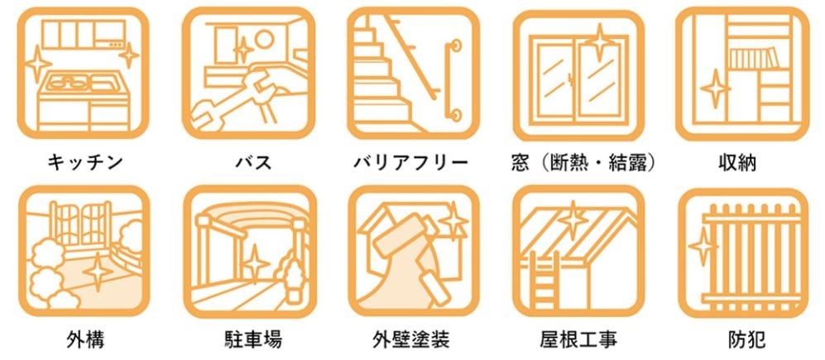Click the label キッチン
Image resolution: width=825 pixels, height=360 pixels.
(85, 162)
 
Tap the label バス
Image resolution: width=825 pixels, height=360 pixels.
(253, 162)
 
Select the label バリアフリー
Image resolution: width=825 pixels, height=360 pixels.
(411, 162)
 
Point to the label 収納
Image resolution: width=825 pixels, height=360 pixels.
(737, 162)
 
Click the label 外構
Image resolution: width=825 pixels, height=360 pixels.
(85, 339)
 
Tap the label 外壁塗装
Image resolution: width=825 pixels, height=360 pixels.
(411, 339)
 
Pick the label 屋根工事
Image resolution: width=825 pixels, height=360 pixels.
(578, 339)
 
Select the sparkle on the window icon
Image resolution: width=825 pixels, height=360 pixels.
(599, 41)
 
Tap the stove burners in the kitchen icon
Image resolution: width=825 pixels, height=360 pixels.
(69, 83)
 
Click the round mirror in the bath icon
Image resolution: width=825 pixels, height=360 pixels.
(264, 38)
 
